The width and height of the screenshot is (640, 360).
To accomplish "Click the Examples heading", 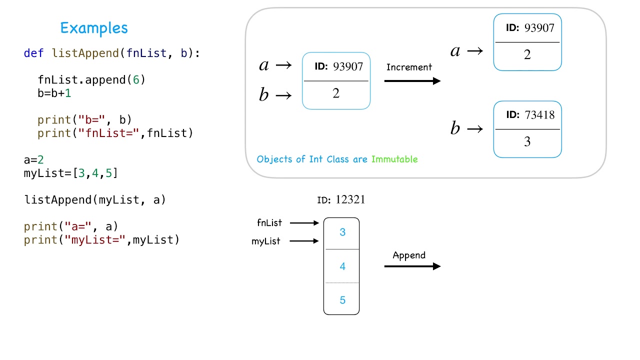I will (x=94, y=28).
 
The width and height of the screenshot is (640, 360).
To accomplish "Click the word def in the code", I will (x=34, y=53).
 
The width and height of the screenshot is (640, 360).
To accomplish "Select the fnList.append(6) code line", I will (x=91, y=80).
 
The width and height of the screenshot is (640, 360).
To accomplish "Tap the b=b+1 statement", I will (x=54, y=93).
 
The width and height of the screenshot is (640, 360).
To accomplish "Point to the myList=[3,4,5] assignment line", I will (x=70, y=173).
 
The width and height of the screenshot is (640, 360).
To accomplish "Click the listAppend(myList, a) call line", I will (x=95, y=200).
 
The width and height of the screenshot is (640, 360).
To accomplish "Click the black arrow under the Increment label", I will (x=412, y=81).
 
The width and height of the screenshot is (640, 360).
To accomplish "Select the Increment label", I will (x=409, y=67).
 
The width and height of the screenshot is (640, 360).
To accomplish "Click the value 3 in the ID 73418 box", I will (x=527, y=142).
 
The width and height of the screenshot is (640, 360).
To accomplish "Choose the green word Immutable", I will (x=394, y=159).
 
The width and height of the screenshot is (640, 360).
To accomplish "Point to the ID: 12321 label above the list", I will (x=341, y=200).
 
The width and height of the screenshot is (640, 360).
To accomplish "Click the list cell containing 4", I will (x=342, y=266).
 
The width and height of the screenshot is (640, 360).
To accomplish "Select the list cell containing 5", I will (x=342, y=300).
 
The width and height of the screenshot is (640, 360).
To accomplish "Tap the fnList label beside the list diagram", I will (x=269, y=223).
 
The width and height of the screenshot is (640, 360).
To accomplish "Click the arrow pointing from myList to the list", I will (x=304, y=241).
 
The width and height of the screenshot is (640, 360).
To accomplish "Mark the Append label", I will (x=409, y=255).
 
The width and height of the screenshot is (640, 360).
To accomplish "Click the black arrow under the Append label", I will (x=412, y=266).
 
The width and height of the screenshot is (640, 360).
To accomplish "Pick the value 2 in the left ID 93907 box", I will (x=336, y=93).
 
